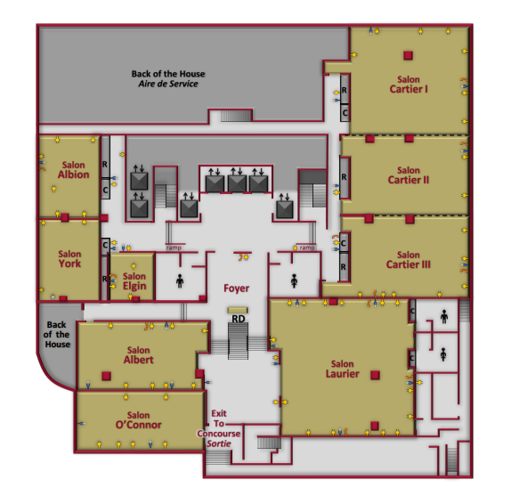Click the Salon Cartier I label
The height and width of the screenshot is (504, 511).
pyautogui.click(x=409, y=85)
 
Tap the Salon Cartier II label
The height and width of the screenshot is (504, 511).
pyautogui.click(x=409, y=175)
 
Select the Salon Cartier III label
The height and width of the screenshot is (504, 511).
pyautogui.click(x=409, y=260)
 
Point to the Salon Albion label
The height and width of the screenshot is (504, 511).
pyautogui.click(x=74, y=170)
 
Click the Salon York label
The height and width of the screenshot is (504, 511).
pyautogui.click(x=69, y=259)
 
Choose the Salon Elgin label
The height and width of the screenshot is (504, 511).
pyautogui.click(x=134, y=281)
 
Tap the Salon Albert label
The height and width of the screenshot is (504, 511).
pyautogui.click(x=139, y=355)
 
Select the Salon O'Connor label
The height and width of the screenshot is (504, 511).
pyautogui.click(x=139, y=420)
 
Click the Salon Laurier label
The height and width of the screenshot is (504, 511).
pyautogui.click(x=343, y=369)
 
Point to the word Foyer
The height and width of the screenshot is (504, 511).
pyautogui.click(x=236, y=289)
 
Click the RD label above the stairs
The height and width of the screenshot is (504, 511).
pyautogui.click(x=239, y=319)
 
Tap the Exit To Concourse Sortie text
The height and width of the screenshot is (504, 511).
pyautogui.click(x=219, y=428)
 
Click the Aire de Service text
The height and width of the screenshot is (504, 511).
pyautogui.click(x=168, y=84)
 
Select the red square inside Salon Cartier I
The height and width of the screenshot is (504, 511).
pyautogui.click(x=408, y=55)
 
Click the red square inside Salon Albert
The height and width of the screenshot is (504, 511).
pyautogui.click(x=106, y=376)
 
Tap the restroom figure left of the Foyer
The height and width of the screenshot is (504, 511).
pyautogui.click(x=180, y=281)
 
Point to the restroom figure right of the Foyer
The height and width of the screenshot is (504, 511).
pyautogui.click(x=295, y=281)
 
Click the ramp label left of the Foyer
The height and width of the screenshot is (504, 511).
pyautogui.click(x=174, y=248)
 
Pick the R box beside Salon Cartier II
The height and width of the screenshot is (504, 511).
pyautogui.click(x=345, y=177)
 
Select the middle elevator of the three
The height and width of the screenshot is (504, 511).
pyautogui.click(x=237, y=183)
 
